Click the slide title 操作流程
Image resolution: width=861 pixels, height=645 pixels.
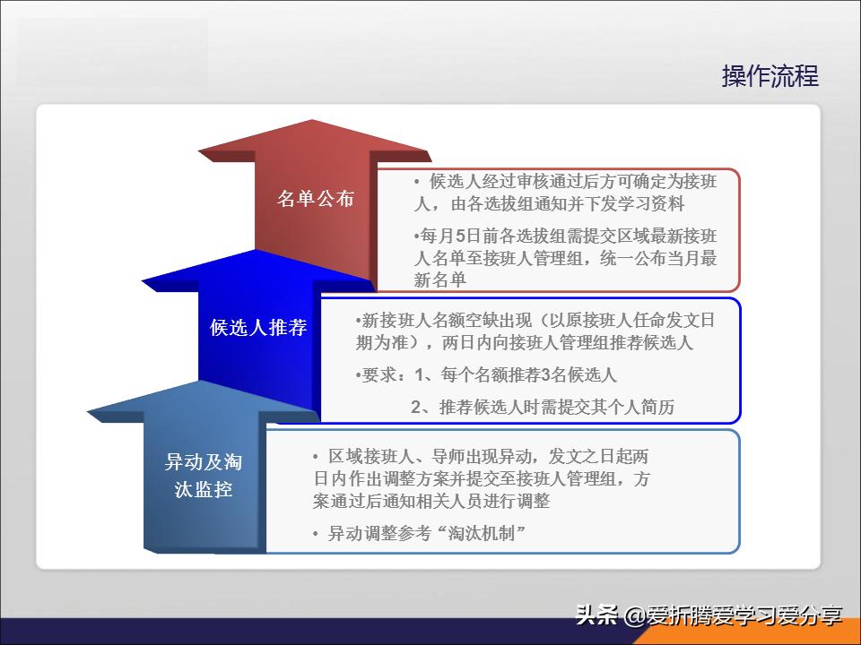pyautogui.click(x=770, y=76)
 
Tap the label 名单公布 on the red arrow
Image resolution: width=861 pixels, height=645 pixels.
pyautogui.click(x=315, y=199)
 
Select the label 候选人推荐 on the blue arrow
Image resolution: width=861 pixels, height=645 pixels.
pyautogui.click(x=258, y=328)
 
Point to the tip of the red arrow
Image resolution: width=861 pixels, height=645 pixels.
pyautogui.click(x=311, y=123)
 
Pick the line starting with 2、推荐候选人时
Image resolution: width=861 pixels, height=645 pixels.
pyautogui.click(x=542, y=407)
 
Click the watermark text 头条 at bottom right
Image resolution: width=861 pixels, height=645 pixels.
pyautogui.click(x=596, y=616)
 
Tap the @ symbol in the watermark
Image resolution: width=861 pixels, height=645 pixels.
pyautogui.click(x=634, y=616)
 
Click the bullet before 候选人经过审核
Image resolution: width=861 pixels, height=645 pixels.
pyautogui.click(x=417, y=182)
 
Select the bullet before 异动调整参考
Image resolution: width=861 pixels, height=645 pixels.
pyautogui.click(x=316, y=534)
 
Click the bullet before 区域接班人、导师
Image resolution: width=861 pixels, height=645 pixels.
pyautogui.click(x=316, y=456)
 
